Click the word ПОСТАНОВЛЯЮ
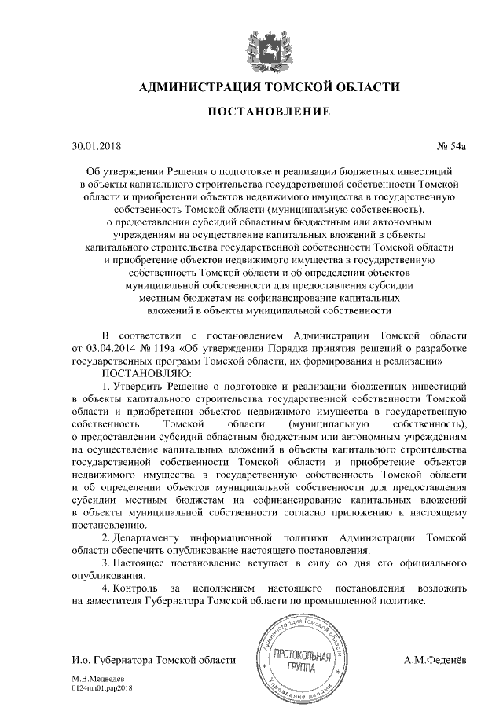141,373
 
